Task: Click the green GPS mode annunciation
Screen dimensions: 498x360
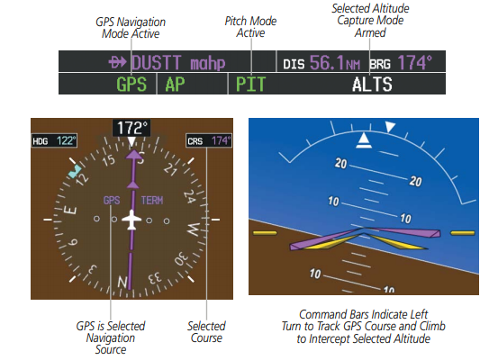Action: point(131,85)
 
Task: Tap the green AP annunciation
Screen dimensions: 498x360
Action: point(175,85)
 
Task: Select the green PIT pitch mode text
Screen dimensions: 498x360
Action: point(250,85)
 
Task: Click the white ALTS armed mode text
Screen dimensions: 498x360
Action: point(372,85)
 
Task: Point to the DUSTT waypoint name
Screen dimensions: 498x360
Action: point(157,62)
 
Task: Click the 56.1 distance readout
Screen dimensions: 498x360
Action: point(327,62)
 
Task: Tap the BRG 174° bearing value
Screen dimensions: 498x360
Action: point(415,62)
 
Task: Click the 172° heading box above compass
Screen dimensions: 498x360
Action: point(131,128)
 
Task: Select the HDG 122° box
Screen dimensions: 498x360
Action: point(54,140)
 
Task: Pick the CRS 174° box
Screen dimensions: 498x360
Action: point(209,140)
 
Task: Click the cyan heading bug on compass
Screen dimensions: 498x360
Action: point(75,171)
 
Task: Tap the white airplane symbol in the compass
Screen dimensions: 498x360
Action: point(131,220)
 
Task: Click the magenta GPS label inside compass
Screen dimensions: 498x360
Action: point(112,201)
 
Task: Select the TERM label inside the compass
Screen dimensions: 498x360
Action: point(152,201)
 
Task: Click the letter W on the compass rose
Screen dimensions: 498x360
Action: point(194,229)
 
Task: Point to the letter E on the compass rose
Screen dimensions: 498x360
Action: point(70,211)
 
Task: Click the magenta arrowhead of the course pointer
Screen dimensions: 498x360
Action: point(134,154)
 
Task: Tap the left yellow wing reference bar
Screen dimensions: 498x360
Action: point(265,233)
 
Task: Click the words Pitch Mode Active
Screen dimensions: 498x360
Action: point(250,27)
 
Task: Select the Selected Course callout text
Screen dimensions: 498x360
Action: point(206,332)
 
